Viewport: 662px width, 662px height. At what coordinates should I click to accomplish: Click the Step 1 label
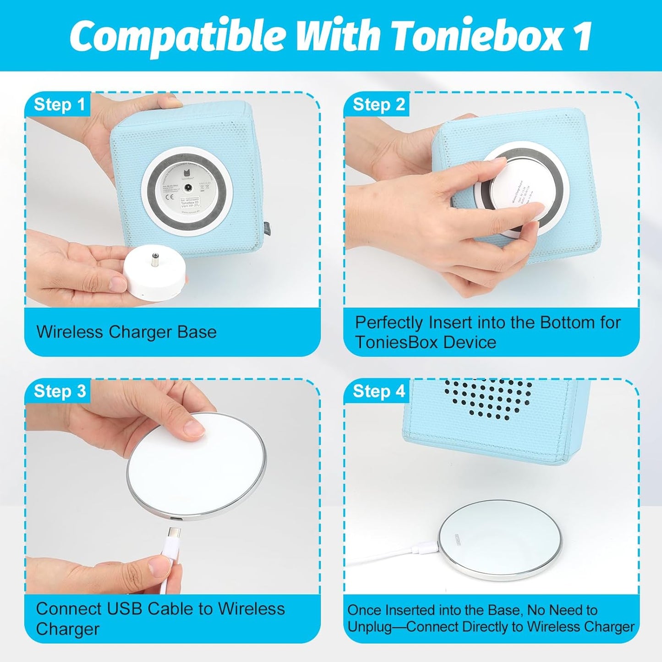[x=60, y=105]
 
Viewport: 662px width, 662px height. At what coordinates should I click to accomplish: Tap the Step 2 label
[x=378, y=105]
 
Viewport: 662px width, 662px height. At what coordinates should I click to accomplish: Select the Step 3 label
[x=60, y=391]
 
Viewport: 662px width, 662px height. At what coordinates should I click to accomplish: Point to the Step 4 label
[x=378, y=391]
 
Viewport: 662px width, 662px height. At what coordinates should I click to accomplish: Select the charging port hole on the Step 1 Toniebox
[x=187, y=188]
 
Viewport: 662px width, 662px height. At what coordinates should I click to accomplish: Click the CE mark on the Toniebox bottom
[x=168, y=198]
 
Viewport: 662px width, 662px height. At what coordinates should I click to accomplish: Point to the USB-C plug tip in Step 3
[x=174, y=533]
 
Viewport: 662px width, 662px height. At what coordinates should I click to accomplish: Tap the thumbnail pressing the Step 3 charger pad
[x=194, y=430]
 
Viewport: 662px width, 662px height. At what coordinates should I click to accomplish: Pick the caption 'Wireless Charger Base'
[x=126, y=332]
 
